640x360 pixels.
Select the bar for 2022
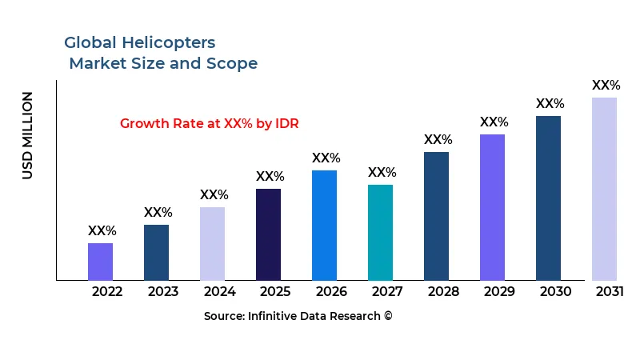[100, 262]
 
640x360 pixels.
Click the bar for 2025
[268, 234]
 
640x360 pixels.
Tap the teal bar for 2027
[380, 232]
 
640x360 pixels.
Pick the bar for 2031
[604, 189]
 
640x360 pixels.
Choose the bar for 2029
[492, 207]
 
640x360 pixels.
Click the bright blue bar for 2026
[324, 225]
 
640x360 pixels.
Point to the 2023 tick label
[163, 291]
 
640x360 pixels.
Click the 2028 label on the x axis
[443, 291]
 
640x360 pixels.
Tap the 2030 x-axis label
[555, 291]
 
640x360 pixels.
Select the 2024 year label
[219, 291]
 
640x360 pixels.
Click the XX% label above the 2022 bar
[102, 230]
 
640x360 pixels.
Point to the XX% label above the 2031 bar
[606, 85]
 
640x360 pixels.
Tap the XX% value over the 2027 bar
[382, 172]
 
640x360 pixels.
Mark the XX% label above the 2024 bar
[214, 194]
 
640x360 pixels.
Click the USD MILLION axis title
[28, 135]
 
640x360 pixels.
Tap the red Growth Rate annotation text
[209, 123]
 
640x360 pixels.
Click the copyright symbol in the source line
[388, 316]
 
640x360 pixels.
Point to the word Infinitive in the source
[278, 316]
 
